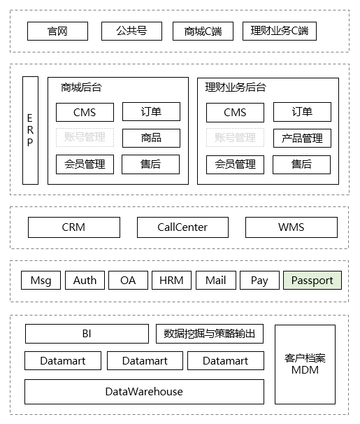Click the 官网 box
tap(57, 31)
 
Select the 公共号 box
tap(131, 31)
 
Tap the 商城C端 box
tap(203, 31)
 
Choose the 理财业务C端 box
tap(279, 31)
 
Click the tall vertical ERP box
tap(30, 130)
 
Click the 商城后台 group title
tap(81, 88)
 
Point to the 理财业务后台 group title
tap(236, 88)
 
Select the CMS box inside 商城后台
tap(85, 112)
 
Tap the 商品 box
tap(151, 138)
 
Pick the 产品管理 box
tap(302, 139)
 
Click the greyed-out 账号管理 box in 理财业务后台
tap(235, 138)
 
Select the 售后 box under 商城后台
tap(151, 164)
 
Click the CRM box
tap(73, 227)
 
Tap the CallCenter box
tap(182, 227)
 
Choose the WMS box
tap(291, 227)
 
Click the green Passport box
tap(312, 281)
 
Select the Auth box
tap(85, 281)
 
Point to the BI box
tap(87, 334)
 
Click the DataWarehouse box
tap(144, 392)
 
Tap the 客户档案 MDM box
tap(305, 364)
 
